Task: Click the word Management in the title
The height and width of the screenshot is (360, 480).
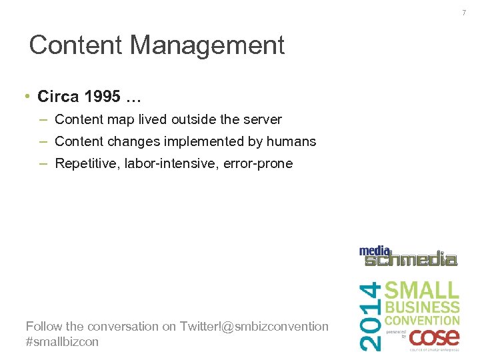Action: point(207,45)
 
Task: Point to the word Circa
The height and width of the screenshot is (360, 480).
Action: point(59,97)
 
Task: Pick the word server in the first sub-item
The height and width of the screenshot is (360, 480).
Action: point(263,120)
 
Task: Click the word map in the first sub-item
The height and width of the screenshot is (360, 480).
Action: point(120,120)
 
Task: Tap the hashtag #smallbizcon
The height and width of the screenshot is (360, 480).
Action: point(62,342)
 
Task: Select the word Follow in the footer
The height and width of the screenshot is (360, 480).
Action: point(44,326)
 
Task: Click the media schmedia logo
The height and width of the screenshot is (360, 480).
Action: point(408,256)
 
